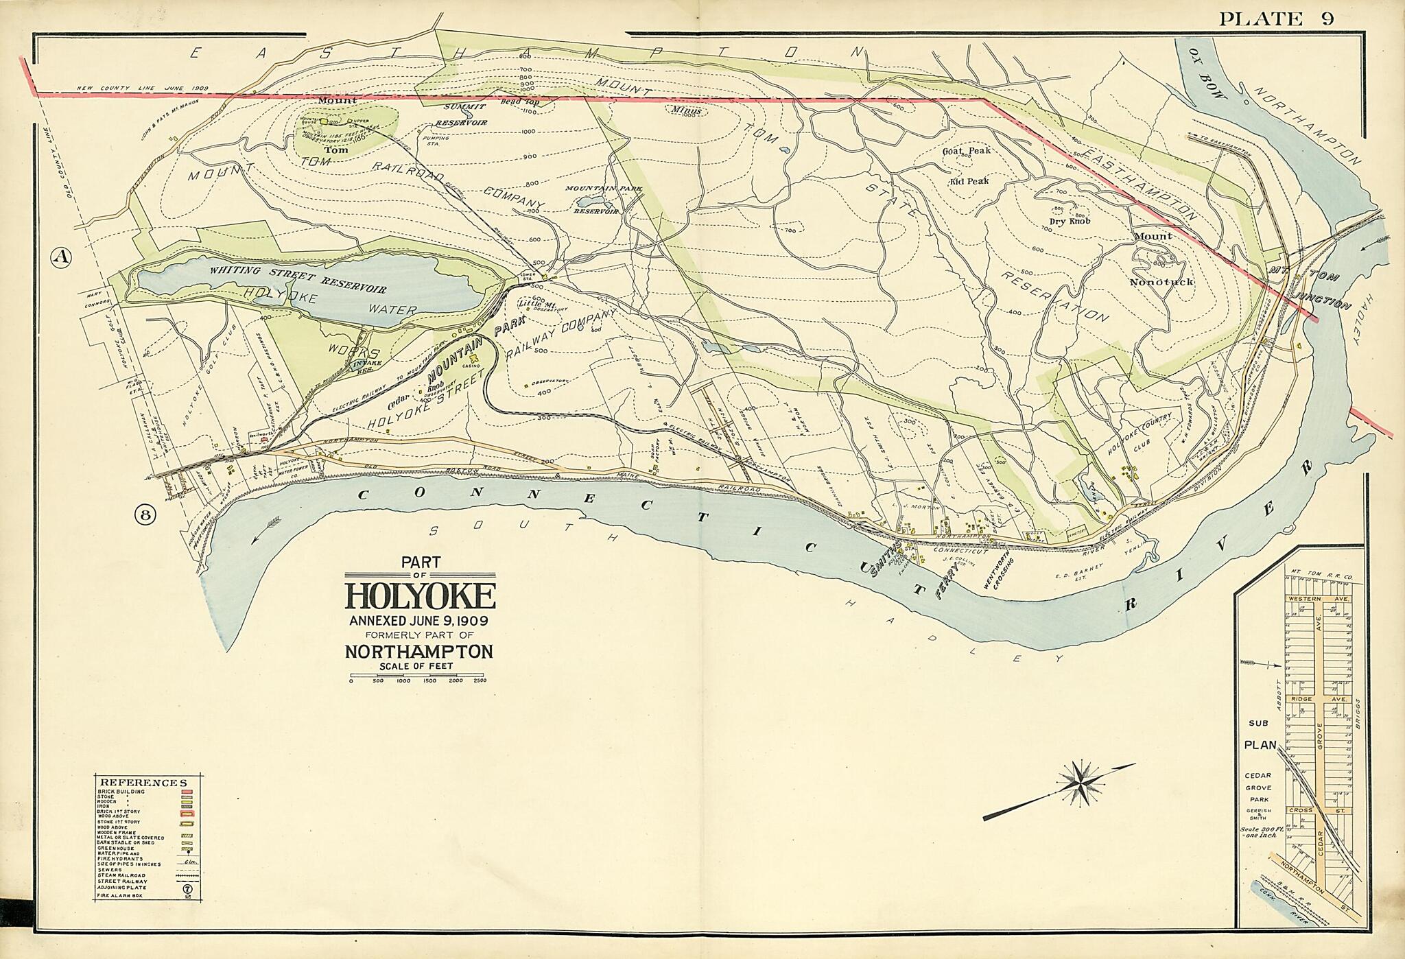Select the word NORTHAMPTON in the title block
point(418,651)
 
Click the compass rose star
point(1080,782)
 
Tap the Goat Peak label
point(966,150)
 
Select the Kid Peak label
point(969,181)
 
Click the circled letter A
point(61,257)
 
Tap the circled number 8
point(144,514)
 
